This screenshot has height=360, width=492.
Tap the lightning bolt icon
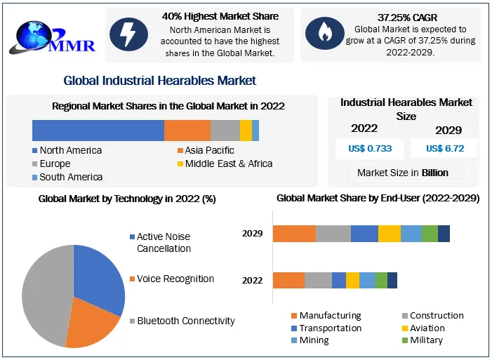click(128, 34)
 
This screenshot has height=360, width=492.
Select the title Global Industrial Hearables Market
click(159, 81)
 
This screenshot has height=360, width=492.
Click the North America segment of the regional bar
click(98, 131)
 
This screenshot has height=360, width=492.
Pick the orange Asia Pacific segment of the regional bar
click(187, 131)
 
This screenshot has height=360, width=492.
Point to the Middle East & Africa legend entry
click(224, 164)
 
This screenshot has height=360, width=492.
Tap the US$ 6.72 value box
click(444, 148)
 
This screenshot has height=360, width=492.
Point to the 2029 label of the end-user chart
click(253, 234)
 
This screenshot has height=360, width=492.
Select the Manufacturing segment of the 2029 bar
click(294, 234)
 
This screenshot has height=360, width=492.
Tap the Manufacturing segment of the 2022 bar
click(288, 280)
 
